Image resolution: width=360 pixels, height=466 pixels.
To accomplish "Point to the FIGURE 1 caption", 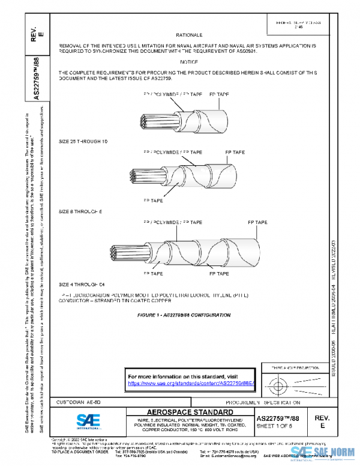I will click(x=184, y=315).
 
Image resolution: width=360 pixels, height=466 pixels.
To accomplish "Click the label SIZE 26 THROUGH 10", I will click(x=83, y=141).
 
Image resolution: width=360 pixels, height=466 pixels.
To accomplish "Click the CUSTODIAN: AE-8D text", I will click(x=74, y=401).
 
